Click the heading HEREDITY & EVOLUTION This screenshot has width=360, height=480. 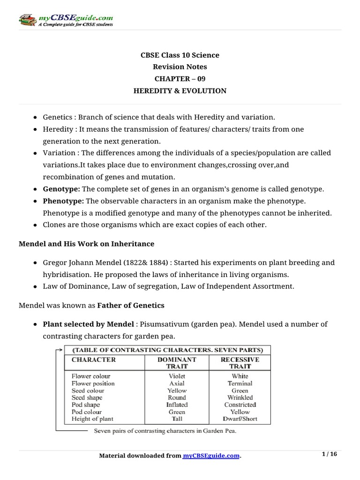click(180, 91)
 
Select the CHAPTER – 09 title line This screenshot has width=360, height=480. click(180, 79)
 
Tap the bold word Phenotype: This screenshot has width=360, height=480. click(63, 201)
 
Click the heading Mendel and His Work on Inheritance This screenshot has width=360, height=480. click(86, 244)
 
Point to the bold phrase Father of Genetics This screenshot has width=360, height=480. click(131, 305)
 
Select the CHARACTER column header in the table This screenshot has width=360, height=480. click(93, 360)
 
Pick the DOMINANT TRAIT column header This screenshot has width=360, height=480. click(177, 363)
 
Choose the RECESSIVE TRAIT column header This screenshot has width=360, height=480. click(240, 363)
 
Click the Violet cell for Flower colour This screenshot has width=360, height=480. click(177, 376)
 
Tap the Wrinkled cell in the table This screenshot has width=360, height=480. click(240, 397)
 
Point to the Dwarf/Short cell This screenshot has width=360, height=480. click(240, 419)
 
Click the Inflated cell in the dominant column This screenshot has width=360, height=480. click(177, 405)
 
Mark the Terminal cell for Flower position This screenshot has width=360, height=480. click(240, 383)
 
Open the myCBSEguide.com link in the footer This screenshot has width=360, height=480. click(211, 456)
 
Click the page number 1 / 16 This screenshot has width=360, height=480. click(330, 454)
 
